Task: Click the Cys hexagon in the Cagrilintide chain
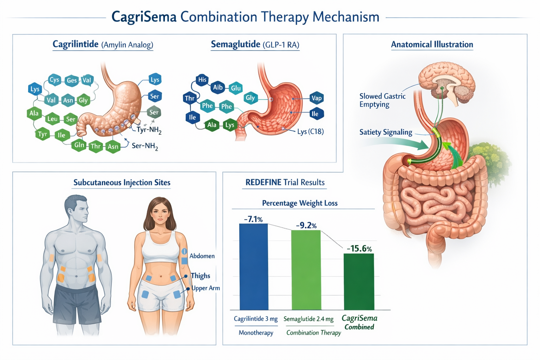(54, 80)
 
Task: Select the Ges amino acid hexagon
(71, 81)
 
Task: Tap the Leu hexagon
(52, 119)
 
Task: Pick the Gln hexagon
(79, 145)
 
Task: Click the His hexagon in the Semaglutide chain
(202, 80)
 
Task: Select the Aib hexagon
(218, 87)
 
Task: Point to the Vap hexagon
(316, 98)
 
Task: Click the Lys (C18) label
(310, 131)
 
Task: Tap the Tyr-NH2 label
(149, 130)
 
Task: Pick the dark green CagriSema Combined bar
(359, 281)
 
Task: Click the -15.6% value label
(359, 249)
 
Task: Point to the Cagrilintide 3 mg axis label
(256, 319)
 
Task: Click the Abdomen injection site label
(202, 256)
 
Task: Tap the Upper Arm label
(206, 288)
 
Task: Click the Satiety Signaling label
(386, 132)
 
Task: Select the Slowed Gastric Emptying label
(382, 100)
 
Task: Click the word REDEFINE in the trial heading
(263, 182)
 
